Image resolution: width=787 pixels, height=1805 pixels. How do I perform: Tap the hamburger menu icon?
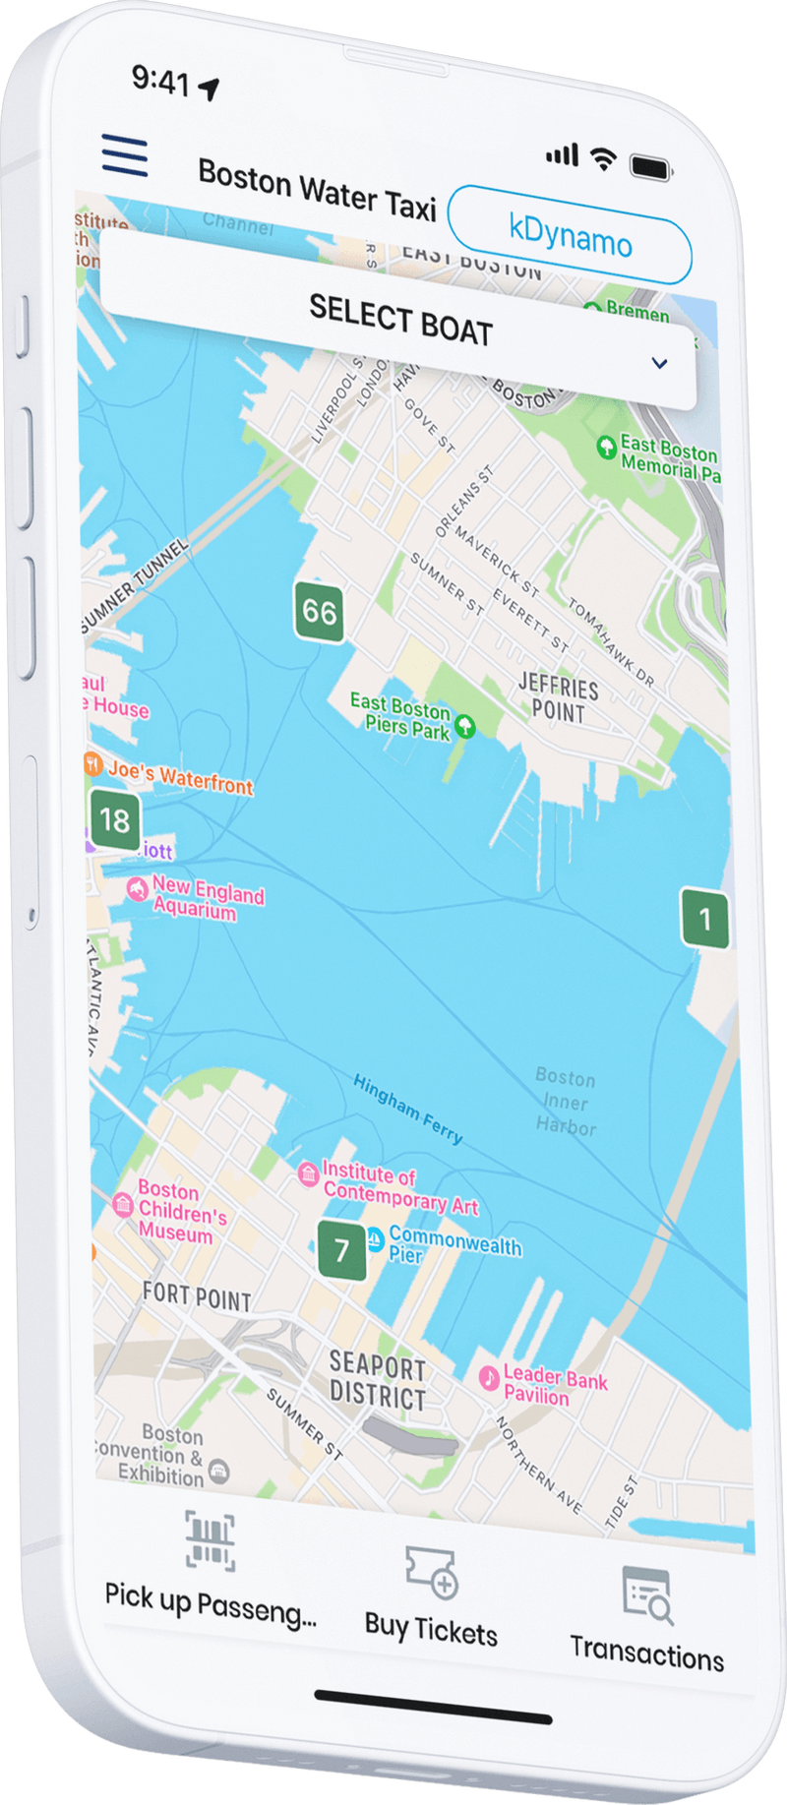point(125,156)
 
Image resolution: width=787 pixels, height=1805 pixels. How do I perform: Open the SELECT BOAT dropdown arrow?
point(659,363)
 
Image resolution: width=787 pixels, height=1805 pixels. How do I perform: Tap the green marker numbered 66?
point(319,612)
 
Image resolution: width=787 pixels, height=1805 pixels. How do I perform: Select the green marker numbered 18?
point(115,819)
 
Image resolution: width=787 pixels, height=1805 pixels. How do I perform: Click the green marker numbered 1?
point(704,919)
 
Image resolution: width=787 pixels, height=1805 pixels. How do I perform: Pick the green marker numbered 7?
point(341,1250)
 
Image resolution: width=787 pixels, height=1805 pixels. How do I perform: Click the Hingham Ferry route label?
point(407,1110)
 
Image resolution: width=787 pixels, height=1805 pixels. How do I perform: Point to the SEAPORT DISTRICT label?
point(378,1380)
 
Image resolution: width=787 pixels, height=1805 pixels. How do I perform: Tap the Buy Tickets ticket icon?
point(432,1571)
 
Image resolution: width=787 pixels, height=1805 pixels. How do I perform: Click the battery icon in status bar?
point(650,167)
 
